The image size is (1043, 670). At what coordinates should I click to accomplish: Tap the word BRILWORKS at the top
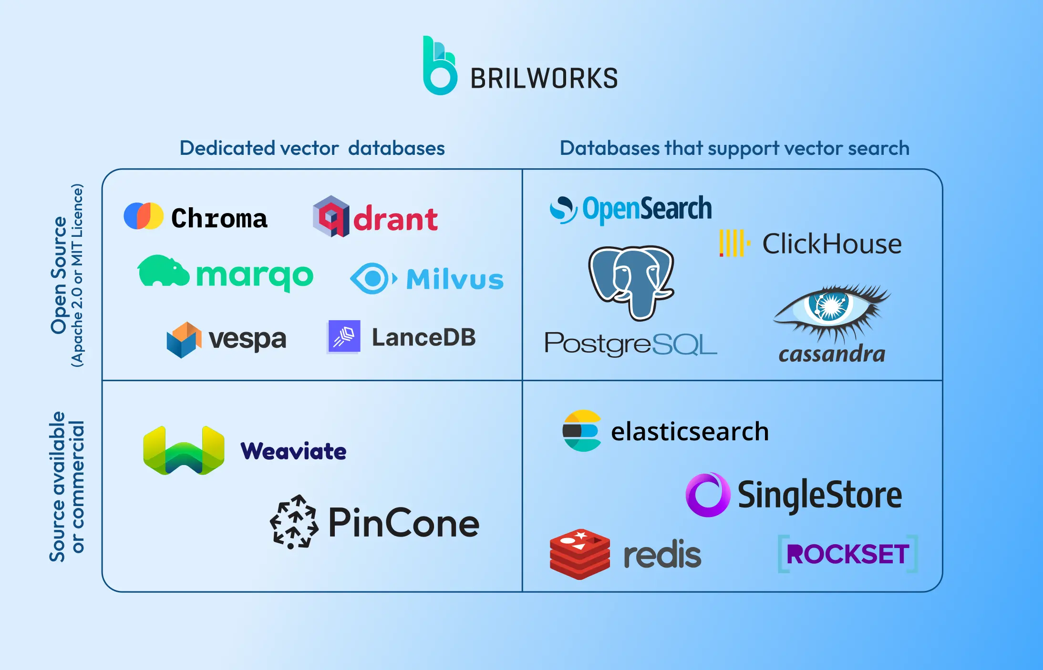click(x=544, y=79)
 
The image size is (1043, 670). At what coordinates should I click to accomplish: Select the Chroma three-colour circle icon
click(x=144, y=216)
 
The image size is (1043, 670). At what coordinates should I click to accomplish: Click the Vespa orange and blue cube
click(x=182, y=339)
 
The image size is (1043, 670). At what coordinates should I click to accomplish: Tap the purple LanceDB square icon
click(x=344, y=337)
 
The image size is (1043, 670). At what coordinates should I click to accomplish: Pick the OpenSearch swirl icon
click(x=563, y=210)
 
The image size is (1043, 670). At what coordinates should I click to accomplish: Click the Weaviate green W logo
click(x=184, y=450)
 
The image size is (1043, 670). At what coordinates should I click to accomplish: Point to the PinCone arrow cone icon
click(x=294, y=522)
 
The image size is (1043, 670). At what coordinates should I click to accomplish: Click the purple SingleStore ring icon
click(x=708, y=495)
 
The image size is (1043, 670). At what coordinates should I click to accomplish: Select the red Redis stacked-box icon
click(x=579, y=554)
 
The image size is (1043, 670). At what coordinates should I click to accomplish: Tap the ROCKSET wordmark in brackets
click(x=847, y=554)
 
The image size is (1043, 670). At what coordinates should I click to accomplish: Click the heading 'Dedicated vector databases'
click(x=312, y=148)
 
